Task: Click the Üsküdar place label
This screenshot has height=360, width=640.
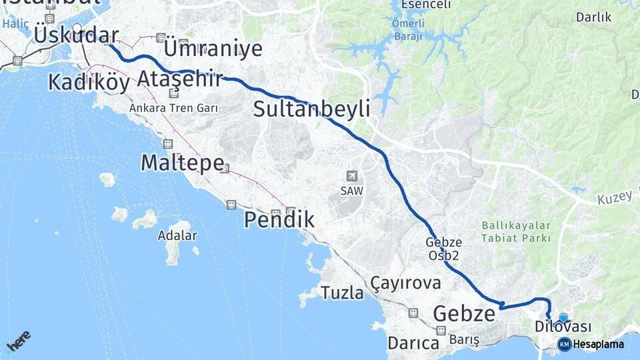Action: pos(76,35)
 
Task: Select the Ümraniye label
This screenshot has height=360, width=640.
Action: pos(212,48)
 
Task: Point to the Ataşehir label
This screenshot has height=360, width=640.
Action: pos(179,79)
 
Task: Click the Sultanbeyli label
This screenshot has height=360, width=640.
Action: pos(311,109)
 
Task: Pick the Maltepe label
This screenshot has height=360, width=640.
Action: pos(181,163)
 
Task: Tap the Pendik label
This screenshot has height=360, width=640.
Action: pos(279,219)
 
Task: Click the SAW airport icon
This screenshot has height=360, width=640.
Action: pos(351,176)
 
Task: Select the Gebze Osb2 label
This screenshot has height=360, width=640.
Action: pos(444,249)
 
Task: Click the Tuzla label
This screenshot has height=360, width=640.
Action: pos(342,293)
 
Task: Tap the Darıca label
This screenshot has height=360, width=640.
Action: pos(413,343)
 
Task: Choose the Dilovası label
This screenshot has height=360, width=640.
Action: pos(563,327)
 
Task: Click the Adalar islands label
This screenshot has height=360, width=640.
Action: pos(177,235)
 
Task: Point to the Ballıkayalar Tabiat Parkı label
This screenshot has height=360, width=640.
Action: pos(516,232)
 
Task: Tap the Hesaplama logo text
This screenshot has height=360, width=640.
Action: pos(598,345)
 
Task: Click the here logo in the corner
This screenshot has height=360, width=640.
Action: pos(19,341)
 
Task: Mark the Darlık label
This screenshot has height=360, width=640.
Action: pos(593,17)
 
